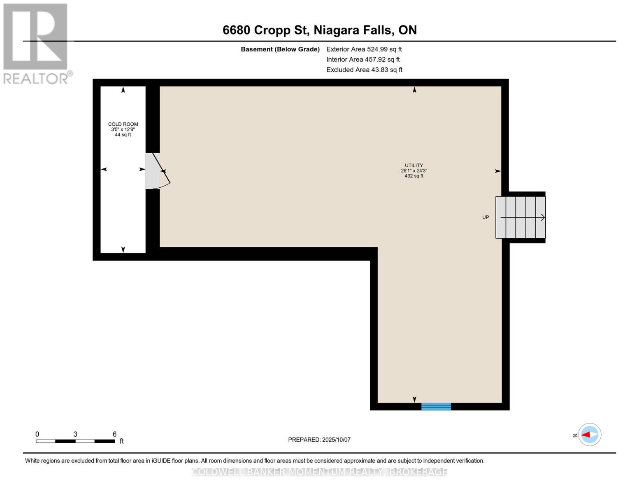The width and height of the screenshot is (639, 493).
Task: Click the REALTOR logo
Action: [x=36, y=44]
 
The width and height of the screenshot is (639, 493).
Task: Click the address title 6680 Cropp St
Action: [x=319, y=30]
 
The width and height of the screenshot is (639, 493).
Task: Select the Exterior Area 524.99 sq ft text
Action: [x=364, y=49]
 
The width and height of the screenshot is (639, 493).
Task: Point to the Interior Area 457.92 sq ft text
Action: [x=363, y=60]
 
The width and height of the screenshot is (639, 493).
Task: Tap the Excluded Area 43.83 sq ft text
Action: [x=364, y=70]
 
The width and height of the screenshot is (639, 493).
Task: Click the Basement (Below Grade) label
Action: [x=280, y=49]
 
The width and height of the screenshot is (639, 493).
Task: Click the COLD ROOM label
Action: [x=123, y=124]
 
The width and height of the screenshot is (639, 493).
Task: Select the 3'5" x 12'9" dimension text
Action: [x=123, y=129]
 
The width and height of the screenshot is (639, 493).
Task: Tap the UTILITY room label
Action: [x=414, y=166]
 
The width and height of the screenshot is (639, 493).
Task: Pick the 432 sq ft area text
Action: [x=414, y=176]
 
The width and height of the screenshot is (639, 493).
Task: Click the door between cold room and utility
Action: [x=156, y=171]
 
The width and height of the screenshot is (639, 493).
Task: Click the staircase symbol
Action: [x=520, y=217]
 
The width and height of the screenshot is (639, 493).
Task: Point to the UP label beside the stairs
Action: [x=486, y=217]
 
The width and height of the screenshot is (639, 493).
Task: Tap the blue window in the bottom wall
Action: [x=436, y=406]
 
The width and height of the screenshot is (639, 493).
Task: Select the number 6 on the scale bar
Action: [x=114, y=434]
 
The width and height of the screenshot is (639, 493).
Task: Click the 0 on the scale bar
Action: [x=37, y=434]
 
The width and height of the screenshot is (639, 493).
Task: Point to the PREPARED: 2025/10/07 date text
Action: [x=319, y=440]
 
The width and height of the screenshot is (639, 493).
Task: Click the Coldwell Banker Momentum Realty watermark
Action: [x=319, y=472]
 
